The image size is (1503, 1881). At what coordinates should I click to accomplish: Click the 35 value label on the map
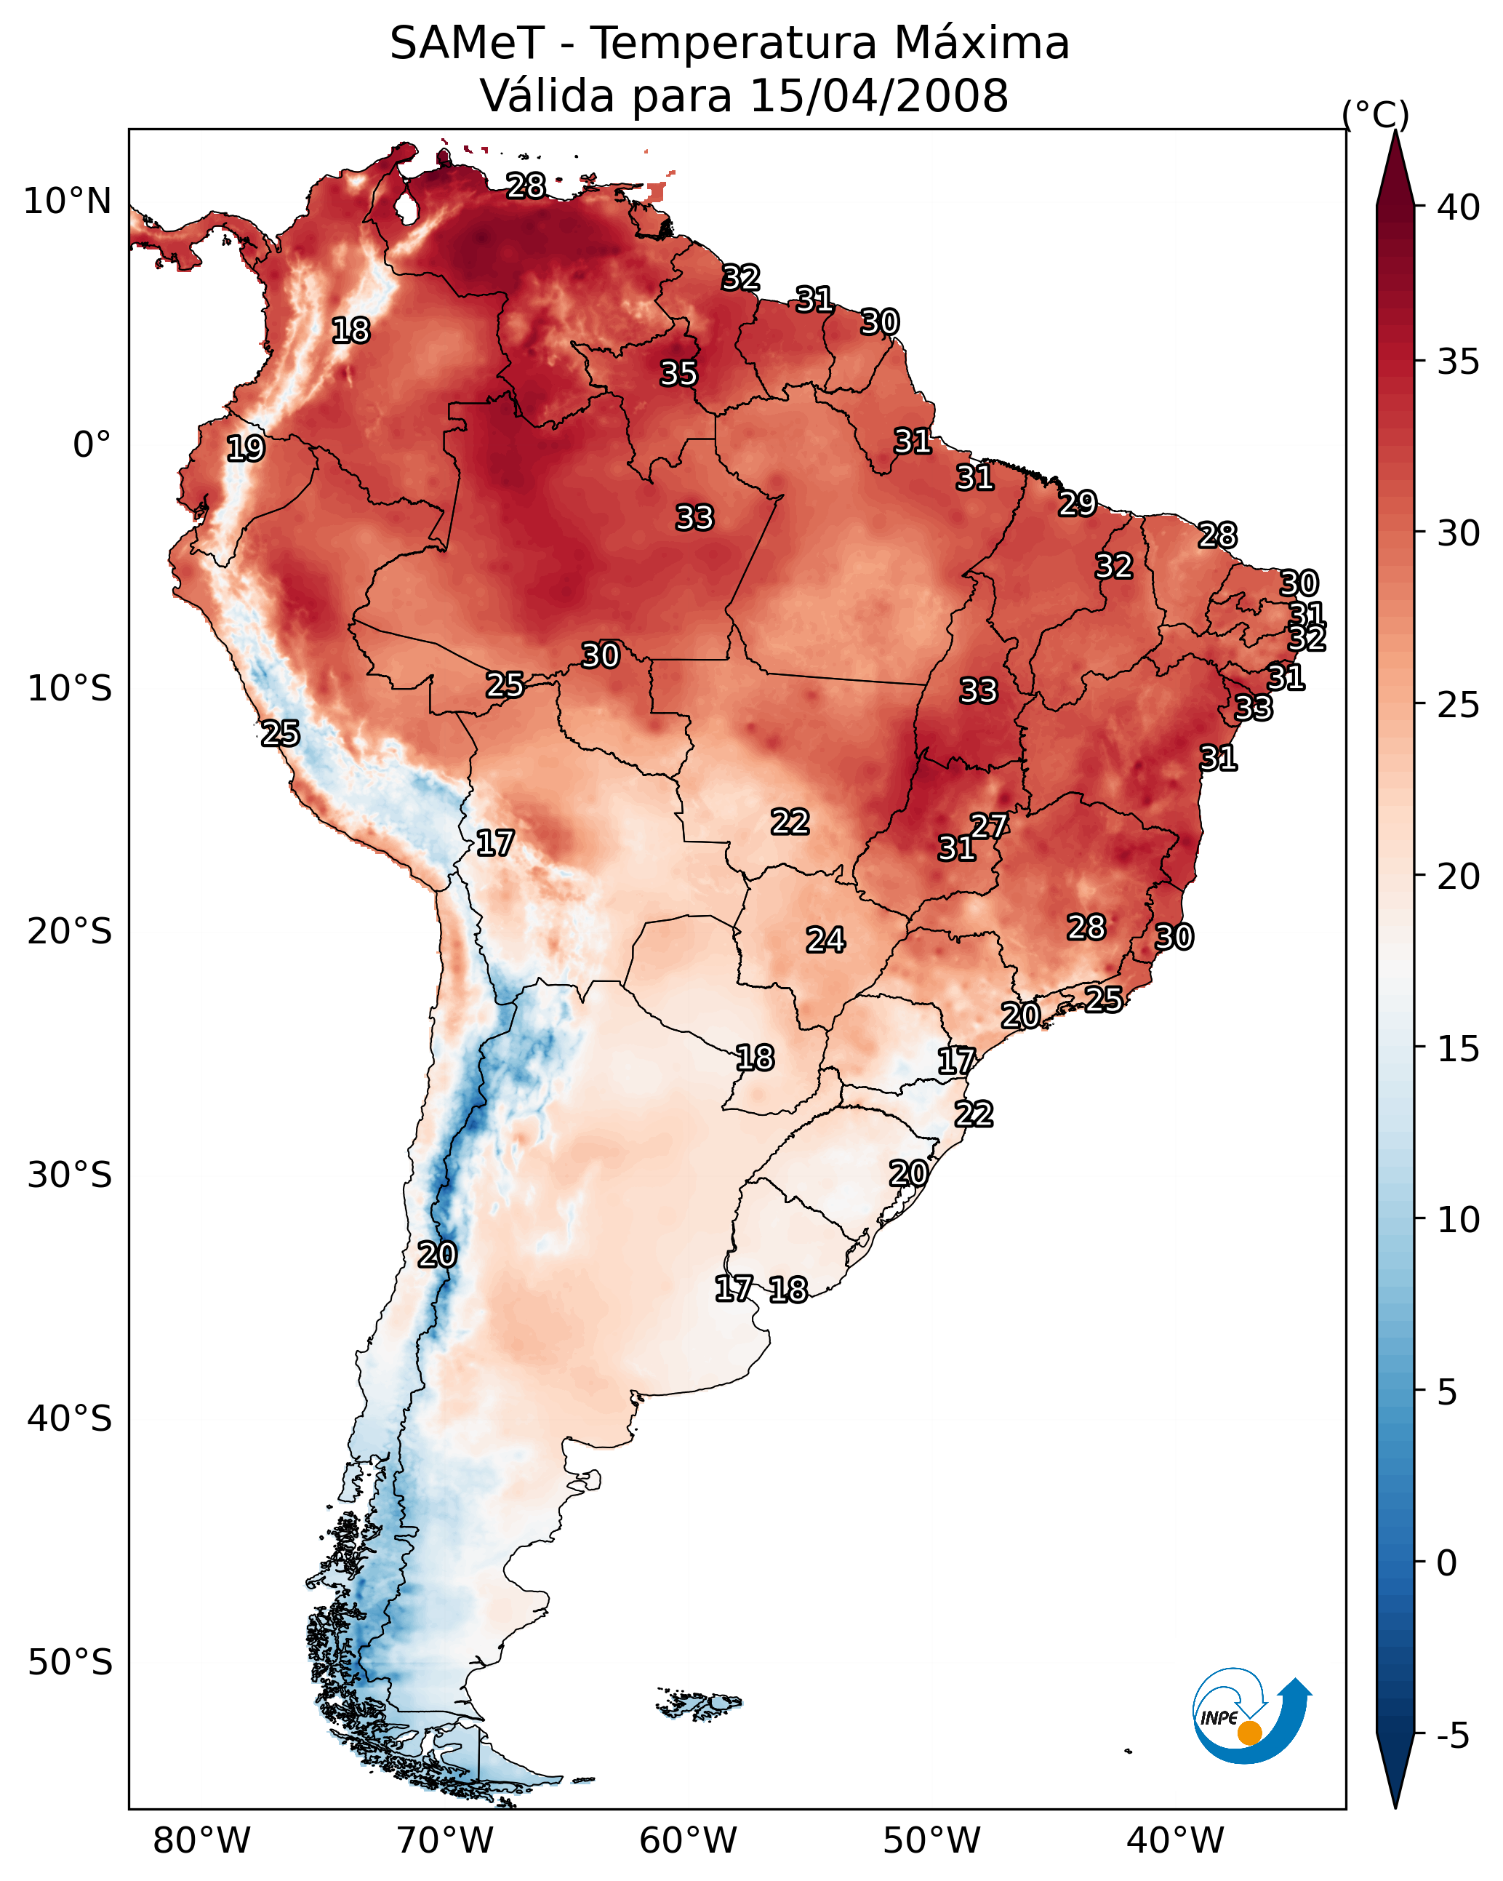coord(678,373)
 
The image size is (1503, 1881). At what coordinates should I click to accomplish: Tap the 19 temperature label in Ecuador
coord(245,449)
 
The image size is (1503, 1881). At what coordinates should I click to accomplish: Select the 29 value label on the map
coord(1078,503)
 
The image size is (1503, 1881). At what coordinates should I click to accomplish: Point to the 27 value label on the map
coord(989,826)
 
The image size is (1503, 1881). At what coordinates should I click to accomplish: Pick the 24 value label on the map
coord(825,940)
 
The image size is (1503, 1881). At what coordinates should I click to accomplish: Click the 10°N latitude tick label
coord(67,201)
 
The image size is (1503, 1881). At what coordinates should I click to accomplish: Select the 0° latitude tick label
coord(92,445)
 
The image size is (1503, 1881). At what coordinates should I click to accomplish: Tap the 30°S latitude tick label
coord(70,1175)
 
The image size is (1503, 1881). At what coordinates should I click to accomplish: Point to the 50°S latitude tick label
coord(70,1663)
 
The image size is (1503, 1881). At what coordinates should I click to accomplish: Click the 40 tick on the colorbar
coord(1459,207)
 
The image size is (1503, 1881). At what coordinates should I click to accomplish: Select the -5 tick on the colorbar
coord(1452,1736)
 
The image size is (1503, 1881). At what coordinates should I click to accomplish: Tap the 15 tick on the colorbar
coord(1459,1049)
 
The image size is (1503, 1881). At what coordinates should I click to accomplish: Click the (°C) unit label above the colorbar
coord(1376,114)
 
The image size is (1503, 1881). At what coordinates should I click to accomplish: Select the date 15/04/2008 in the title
coord(878,95)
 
